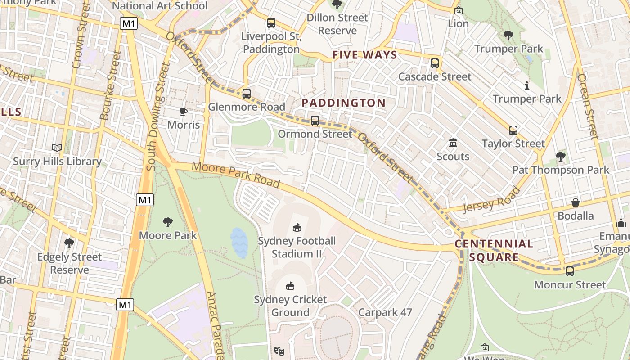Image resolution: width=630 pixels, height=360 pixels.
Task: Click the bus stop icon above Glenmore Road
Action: point(246,94)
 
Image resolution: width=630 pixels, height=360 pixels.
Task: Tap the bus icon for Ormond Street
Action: point(315,121)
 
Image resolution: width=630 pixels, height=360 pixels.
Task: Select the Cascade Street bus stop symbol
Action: point(434,63)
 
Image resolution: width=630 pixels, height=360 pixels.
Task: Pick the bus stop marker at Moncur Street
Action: point(570,271)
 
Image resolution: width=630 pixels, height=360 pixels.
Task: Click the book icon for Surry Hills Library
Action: point(57,148)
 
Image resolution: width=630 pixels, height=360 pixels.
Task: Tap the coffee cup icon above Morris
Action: point(183,112)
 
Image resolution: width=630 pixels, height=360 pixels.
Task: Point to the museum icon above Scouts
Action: point(453,143)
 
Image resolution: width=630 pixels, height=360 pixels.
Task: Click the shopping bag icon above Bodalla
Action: point(575,202)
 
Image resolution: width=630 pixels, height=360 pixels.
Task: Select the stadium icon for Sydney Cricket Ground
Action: point(290,286)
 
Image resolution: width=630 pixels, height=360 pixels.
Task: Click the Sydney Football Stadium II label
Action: point(297,247)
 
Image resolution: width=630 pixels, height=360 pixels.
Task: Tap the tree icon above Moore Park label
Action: point(168,222)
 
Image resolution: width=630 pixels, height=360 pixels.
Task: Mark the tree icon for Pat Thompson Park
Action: point(560,157)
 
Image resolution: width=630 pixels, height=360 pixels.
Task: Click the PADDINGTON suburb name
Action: point(344,103)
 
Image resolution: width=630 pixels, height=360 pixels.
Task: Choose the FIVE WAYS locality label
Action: point(364,55)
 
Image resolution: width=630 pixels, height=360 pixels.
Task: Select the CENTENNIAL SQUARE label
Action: point(494,251)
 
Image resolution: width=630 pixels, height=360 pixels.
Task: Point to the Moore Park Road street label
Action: point(236,175)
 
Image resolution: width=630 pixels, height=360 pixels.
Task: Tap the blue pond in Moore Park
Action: point(239,243)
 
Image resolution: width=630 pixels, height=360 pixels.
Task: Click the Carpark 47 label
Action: point(385,312)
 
